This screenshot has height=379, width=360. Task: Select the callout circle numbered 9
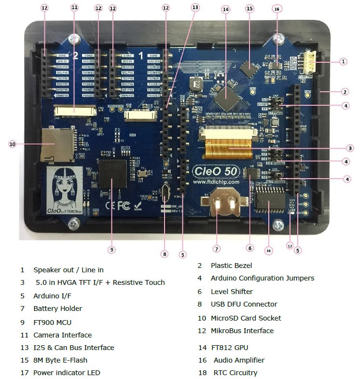[111, 250]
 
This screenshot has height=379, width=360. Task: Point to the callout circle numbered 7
[217, 249]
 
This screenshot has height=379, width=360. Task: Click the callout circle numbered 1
[343, 61]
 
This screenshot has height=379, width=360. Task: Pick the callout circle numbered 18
[269, 251]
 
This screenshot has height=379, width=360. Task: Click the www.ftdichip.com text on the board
[216, 182]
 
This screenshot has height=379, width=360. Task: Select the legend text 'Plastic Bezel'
[231, 265]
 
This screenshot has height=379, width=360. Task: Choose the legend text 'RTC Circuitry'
[235, 373]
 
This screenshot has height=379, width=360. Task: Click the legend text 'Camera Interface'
[62, 335]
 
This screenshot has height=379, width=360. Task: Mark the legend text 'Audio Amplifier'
[239, 360]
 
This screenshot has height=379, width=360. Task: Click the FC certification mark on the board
[124, 205]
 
